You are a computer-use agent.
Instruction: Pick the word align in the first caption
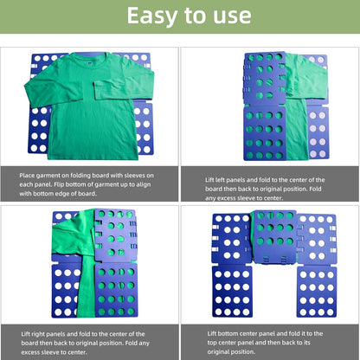pos(156,183)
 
